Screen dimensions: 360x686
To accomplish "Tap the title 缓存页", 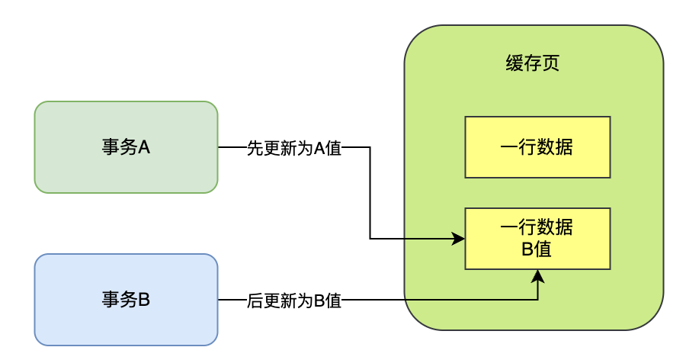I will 533,63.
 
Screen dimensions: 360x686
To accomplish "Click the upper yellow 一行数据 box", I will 537,147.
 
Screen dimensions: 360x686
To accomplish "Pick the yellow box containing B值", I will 537,238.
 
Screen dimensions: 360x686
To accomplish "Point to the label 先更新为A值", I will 293,148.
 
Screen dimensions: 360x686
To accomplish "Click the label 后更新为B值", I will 293,301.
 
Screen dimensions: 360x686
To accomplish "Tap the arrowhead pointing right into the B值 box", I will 459,239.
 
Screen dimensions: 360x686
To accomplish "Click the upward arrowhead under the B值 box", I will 538,275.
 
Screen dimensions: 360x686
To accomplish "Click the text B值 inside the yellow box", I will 537,249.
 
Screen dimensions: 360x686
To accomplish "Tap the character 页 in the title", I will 551,63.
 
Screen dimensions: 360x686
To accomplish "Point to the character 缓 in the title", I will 514,63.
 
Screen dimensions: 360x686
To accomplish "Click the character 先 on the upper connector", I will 255,148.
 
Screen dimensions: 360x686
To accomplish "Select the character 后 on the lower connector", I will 255,301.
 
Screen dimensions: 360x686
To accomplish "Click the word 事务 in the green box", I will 117,147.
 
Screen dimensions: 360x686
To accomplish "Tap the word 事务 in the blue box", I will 117,300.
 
